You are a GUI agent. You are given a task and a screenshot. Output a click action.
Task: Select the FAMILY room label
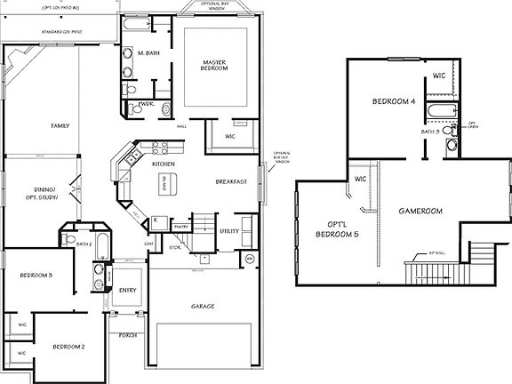click(x=60, y=126)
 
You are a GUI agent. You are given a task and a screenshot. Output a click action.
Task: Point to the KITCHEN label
click(x=163, y=165)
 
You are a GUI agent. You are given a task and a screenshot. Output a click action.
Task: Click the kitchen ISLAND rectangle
click(x=164, y=186)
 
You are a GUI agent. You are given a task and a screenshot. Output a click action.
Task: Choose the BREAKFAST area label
click(x=231, y=181)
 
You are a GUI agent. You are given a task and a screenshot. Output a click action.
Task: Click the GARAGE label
click(x=203, y=306)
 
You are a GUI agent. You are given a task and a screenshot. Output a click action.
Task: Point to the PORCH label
click(x=127, y=335)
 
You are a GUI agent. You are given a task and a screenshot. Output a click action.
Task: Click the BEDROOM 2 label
click(x=68, y=346)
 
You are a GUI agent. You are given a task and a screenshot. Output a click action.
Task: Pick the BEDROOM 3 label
click(x=36, y=276)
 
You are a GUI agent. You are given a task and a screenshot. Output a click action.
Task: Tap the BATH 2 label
click(x=84, y=244)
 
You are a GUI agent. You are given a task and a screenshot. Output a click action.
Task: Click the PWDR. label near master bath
click(x=147, y=104)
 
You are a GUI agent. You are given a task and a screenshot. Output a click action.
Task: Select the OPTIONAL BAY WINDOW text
click(x=214, y=7)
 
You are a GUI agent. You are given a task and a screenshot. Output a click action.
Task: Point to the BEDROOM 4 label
click(x=393, y=103)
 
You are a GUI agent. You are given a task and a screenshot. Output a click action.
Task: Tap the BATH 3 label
click(x=431, y=132)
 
